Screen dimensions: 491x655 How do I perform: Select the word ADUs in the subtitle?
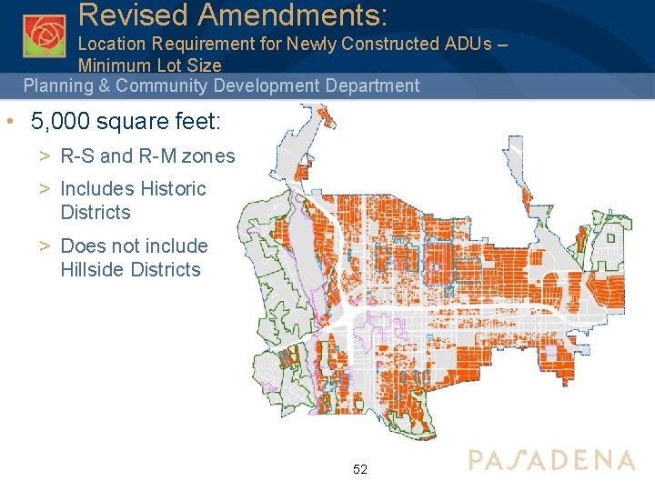pos(470,43)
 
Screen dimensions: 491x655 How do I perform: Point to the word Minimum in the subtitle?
pos(113,65)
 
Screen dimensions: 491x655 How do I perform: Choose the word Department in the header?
pos(375,86)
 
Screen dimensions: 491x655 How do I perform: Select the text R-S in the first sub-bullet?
pos(76,156)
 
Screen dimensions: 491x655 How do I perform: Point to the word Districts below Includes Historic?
pos(96,213)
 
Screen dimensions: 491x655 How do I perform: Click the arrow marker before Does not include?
pos(44,246)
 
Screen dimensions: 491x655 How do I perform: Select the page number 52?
pos(360,469)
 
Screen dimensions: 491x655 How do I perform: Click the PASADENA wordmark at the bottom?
pos(552,460)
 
